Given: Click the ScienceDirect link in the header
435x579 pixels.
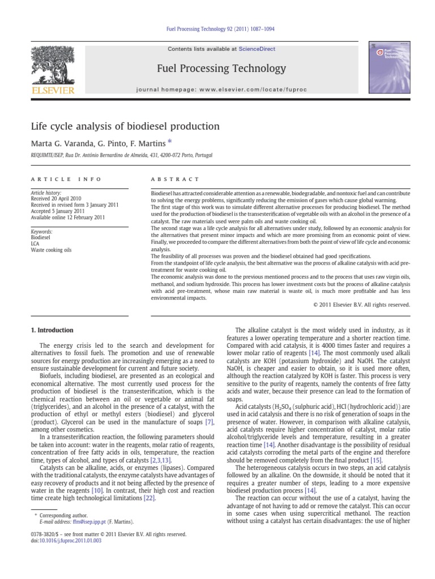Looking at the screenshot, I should click(257, 49).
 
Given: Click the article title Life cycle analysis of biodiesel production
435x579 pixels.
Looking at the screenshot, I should click(125, 126).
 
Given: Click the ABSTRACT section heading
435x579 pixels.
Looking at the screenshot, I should click(175, 179).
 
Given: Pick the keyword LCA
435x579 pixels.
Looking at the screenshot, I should click(35, 243).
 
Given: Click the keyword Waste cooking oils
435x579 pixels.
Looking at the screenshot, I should click(52, 249).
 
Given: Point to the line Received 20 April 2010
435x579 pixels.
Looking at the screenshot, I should click(58, 198).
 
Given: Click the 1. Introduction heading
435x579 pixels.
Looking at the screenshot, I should click(52, 330).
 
